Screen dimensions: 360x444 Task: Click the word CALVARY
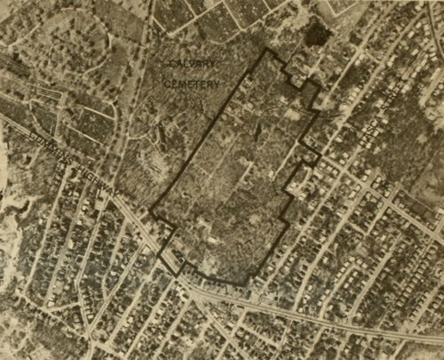click(193, 64)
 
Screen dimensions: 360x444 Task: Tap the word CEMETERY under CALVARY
click(192, 83)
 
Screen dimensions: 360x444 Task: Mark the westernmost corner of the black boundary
click(149, 212)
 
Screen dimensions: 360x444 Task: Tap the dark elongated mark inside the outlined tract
click(258, 133)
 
